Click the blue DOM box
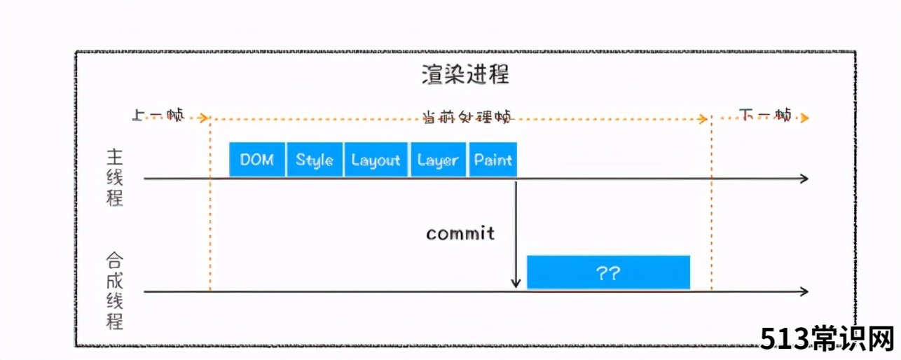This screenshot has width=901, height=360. click(x=257, y=159)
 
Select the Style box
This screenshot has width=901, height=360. click(x=315, y=159)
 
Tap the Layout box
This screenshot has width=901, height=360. click(x=376, y=159)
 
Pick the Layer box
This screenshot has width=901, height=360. click(x=438, y=159)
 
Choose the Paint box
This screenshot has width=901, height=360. click(x=493, y=159)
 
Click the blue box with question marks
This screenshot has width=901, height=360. click(x=609, y=272)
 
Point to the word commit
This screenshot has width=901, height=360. click(x=460, y=233)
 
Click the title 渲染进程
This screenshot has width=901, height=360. click(x=465, y=74)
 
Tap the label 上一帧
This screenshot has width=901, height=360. click(x=158, y=116)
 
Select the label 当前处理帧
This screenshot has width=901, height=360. click(x=468, y=117)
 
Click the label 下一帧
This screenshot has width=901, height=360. click(x=765, y=116)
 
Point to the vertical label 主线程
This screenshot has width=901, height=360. click(x=115, y=177)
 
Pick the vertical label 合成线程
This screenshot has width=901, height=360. click(x=115, y=291)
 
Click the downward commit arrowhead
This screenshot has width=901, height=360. click(x=516, y=283)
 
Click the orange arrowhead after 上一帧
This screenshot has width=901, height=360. click(x=204, y=118)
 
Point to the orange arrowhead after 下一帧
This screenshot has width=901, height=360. click(x=804, y=118)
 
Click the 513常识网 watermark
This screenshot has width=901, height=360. click(x=827, y=338)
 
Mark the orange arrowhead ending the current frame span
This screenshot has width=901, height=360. click(x=703, y=118)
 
